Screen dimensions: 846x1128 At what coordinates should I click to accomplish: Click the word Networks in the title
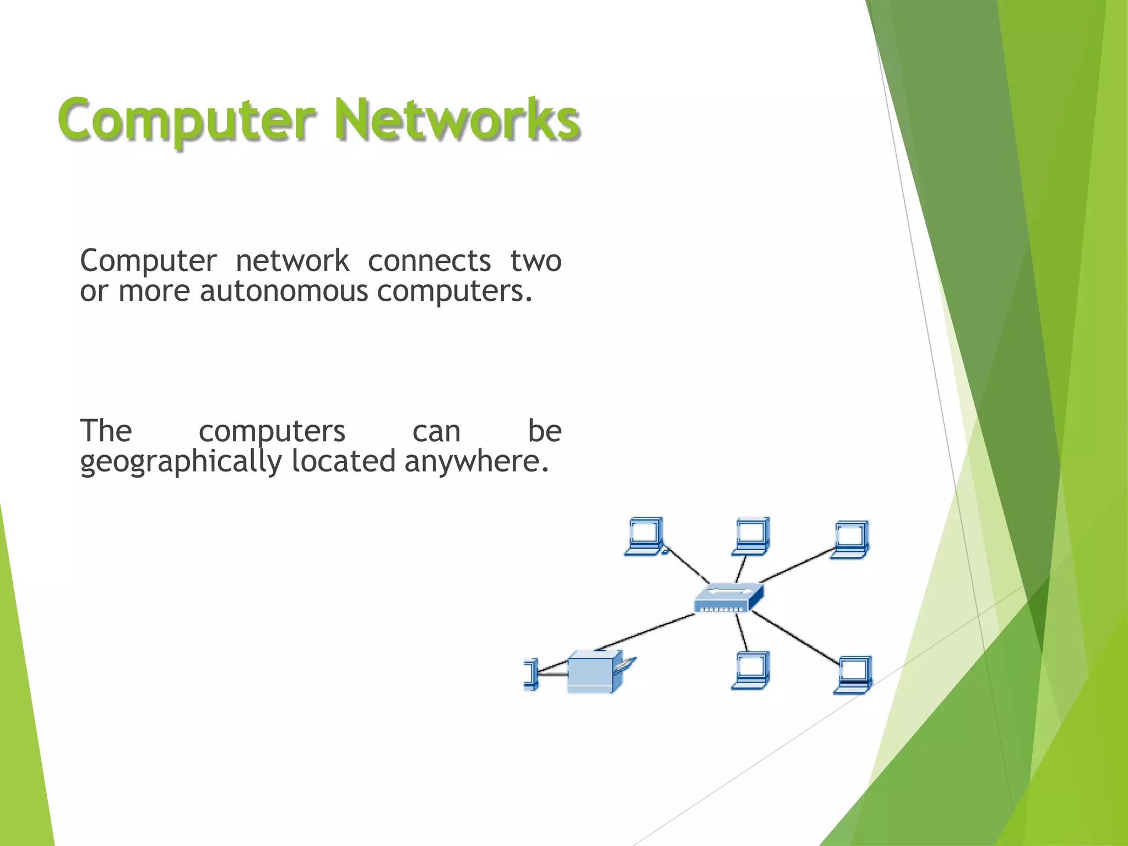click(457, 119)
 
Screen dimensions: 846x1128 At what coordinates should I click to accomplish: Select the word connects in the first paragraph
click(429, 261)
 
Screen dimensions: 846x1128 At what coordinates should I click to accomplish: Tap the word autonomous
click(283, 291)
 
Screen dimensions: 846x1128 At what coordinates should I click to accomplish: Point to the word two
click(535, 261)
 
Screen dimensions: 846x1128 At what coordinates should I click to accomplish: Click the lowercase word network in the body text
click(292, 261)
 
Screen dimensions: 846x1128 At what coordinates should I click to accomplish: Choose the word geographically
click(181, 462)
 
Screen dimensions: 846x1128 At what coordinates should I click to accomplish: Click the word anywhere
click(476, 462)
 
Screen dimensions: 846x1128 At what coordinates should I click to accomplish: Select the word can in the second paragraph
click(436, 431)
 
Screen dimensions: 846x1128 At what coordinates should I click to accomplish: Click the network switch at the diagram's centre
click(729, 598)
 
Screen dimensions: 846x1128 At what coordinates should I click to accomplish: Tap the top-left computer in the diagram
click(645, 536)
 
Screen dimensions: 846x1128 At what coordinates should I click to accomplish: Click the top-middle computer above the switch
click(751, 536)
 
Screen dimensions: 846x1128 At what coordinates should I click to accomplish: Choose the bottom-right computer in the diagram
click(853, 675)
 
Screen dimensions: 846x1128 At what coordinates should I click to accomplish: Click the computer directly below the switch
click(751, 670)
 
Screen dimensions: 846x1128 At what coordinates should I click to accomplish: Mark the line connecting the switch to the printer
click(647, 631)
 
